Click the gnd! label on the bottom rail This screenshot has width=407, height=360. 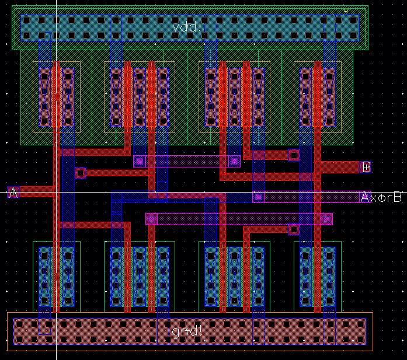(187, 331)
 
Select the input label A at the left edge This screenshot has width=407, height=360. (13, 192)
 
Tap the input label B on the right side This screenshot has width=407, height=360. (366, 167)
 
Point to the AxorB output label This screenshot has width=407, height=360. (381, 197)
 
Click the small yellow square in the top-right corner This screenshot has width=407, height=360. (346, 10)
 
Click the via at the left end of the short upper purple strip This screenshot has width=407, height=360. (139, 160)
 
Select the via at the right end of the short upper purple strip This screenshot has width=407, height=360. (234, 160)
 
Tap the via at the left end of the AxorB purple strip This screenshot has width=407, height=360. (258, 197)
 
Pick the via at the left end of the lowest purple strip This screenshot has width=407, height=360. (152, 219)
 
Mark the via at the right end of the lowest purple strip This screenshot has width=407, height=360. (326, 219)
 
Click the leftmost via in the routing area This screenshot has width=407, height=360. (80, 173)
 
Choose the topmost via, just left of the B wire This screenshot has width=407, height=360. (293, 155)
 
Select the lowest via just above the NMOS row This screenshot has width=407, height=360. (293, 230)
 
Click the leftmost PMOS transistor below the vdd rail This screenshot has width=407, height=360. (57, 97)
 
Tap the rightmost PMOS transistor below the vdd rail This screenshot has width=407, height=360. (318, 97)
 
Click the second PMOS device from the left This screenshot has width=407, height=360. (139, 97)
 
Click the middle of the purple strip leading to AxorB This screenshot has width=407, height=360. (309, 197)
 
